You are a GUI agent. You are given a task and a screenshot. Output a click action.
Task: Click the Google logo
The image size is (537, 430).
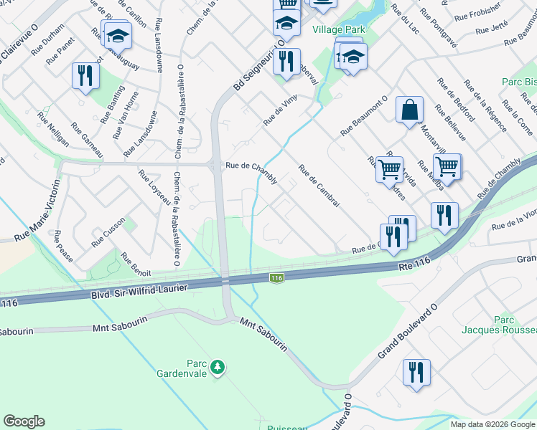pyautogui.click(x=24, y=421)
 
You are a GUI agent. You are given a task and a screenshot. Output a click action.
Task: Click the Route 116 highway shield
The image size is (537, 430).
pyautogui.click(x=276, y=277)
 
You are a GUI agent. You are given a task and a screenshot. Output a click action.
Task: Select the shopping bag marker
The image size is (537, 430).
pyautogui.click(x=409, y=110)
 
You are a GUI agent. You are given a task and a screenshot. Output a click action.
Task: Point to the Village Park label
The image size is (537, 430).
pyautogui.click(x=339, y=29)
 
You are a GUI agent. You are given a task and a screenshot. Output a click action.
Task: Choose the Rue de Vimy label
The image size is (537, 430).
pyautogui.click(x=280, y=111)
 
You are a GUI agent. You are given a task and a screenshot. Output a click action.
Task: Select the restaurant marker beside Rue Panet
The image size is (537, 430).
pyautogui.click(x=85, y=75)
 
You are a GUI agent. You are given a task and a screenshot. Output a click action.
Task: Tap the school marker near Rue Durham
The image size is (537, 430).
pyautogui.click(x=118, y=34)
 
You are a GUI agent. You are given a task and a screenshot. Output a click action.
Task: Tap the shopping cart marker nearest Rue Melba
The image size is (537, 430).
pyautogui.click(x=447, y=166)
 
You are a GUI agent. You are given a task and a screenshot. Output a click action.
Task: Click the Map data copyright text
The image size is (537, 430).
pyautogui.click(x=492, y=424)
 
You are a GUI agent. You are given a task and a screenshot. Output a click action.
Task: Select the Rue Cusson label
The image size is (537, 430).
pyautogui.click(x=108, y=233)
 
